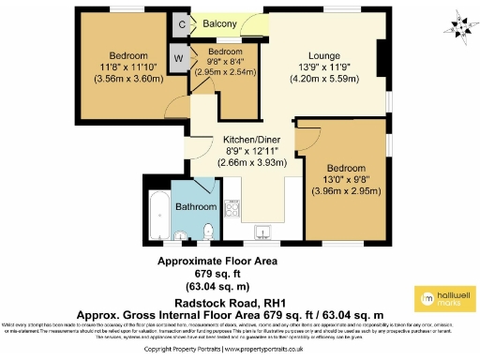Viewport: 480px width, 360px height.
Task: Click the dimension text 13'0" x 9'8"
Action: point(346,179)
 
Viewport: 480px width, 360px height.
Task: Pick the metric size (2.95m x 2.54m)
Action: point(225,71)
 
